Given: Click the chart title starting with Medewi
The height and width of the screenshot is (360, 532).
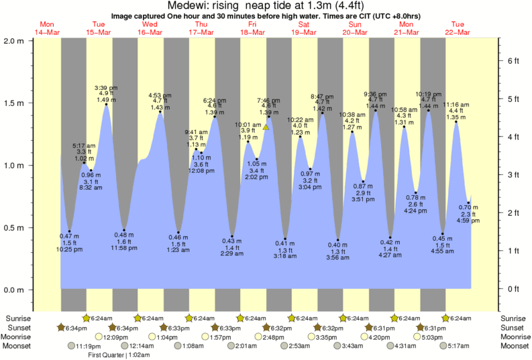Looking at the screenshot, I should coord(266,6).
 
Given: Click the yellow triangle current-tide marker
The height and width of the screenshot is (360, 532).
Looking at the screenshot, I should coord(266,127).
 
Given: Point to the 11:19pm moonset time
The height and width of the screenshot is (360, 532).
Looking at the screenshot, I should coord(90,346).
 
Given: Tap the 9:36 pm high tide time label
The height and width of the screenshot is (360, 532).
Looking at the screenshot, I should coord(375,93).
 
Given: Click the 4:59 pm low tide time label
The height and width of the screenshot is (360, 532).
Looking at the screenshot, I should coord(468,220).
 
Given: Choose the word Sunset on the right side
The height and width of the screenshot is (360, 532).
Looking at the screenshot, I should coord(513,327).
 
